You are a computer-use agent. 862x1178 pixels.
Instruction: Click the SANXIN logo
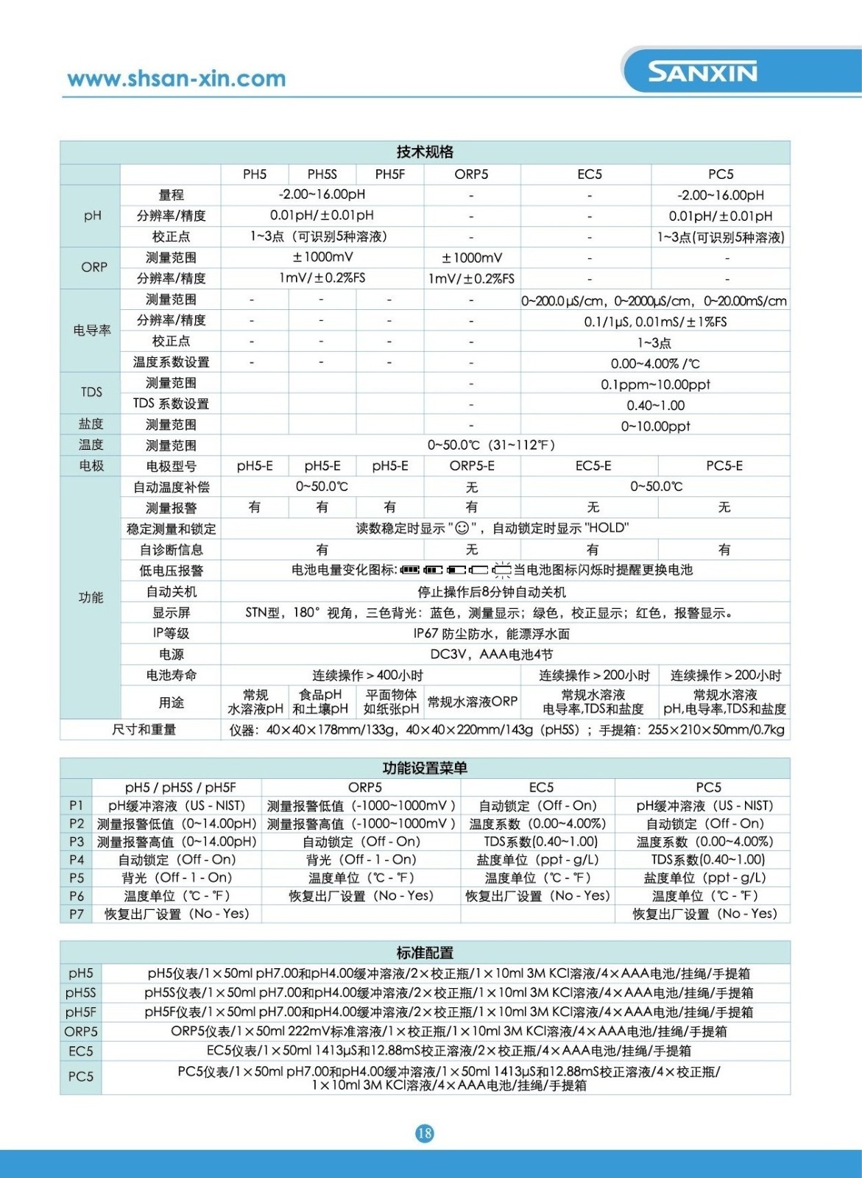pos(702,72)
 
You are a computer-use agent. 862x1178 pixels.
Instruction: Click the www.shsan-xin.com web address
pos(176,79)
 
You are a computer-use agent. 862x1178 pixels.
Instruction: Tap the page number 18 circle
pos(425,1133)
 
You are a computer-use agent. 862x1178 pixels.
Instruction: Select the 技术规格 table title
pos(425,152)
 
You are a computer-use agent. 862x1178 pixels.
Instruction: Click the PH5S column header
pos(322,174)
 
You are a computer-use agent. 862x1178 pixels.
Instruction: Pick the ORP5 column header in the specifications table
pos(471,174)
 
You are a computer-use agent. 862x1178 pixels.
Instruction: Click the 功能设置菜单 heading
pos(425,768)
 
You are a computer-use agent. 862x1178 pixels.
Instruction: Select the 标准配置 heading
pos(425,952)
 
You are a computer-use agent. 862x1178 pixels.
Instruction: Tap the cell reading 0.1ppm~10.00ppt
pos(655,384)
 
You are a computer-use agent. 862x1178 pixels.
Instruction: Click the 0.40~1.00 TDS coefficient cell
pos(655,405)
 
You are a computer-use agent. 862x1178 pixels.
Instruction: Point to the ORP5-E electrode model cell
pos(472,466)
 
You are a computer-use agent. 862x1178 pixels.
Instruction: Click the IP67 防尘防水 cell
pos(491,633)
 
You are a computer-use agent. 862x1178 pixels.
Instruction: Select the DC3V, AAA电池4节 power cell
pos(491,654)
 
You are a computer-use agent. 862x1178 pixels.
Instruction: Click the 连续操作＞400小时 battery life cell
pos(367,675)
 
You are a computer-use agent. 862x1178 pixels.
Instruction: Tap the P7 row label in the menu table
pos(76,914)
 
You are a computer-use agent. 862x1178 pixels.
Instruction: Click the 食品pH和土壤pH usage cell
pos(321,702)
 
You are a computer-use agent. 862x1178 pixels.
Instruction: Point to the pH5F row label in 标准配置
pos(80,1012)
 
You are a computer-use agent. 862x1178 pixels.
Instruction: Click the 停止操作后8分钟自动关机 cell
pos(491,592)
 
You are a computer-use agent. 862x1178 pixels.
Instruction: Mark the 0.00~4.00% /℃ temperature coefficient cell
pos(655,364)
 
